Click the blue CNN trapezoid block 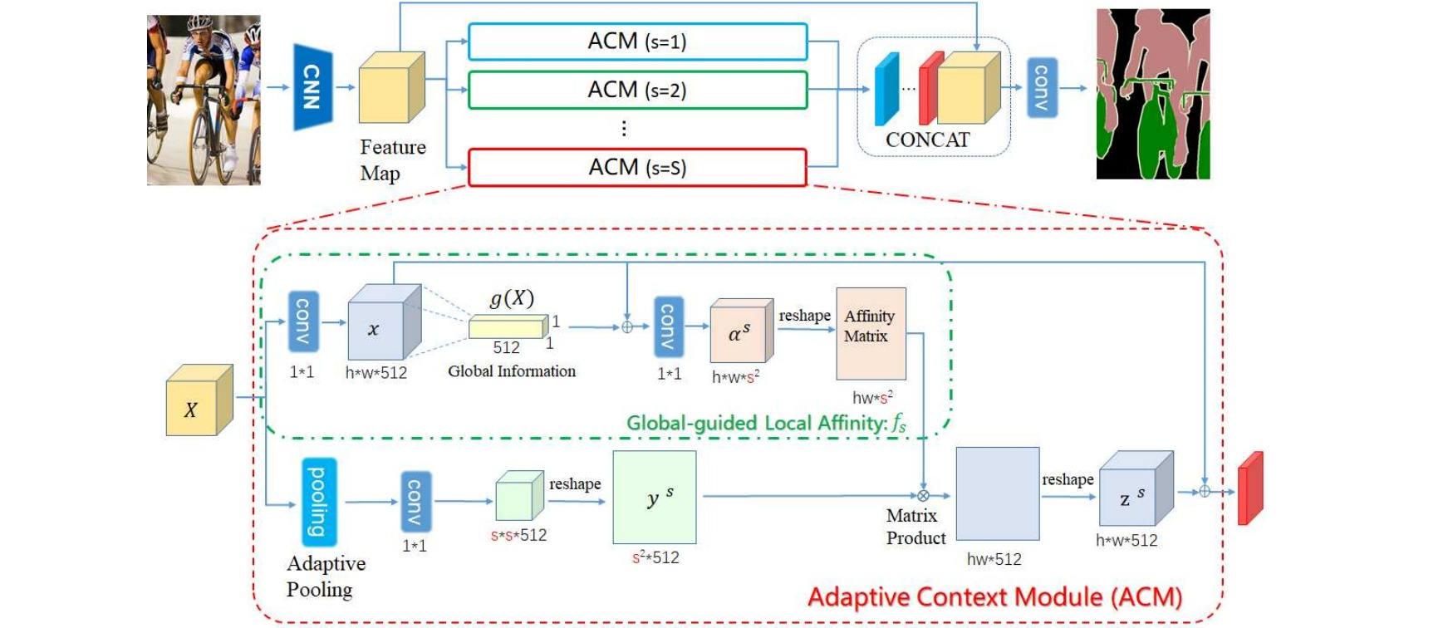(x=312, y=87)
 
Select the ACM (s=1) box (x=637, y=42)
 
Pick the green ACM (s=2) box (x=637, y=90)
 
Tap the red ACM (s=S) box (x=637, y=167)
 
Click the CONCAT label (x=927, y=140)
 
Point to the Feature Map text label (x=392, y=159)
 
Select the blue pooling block (x=318, y=501)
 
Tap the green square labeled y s (x=654, y=497)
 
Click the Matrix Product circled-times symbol (x=923, y=496)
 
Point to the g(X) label (x=512, y=298)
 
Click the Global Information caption (x=512, y=371)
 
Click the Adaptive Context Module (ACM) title (x=994, y=596)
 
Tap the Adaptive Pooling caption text (x=326, y=576)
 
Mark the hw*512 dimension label (x=994, y=559)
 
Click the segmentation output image (x=1152, y=94)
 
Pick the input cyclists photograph (x=204, y=100)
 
